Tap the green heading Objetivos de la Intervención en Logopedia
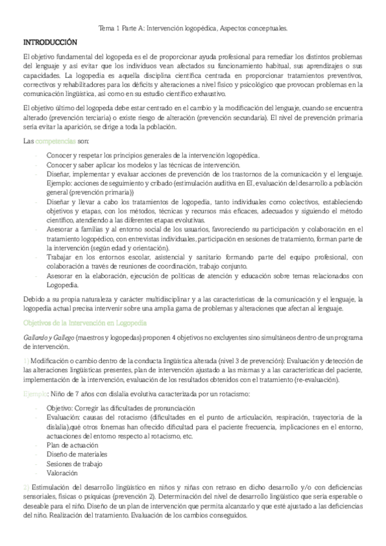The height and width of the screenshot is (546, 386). pos(84,320)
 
